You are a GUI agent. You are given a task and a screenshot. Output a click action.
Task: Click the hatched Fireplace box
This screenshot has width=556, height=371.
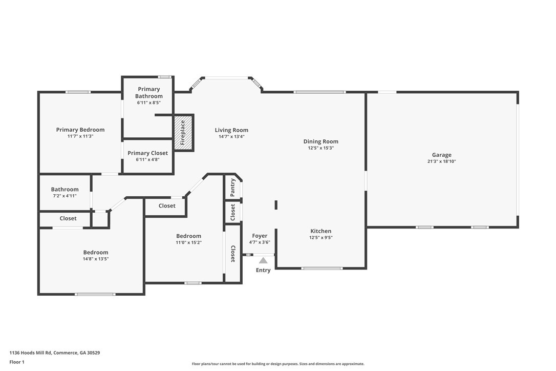click(183, 133)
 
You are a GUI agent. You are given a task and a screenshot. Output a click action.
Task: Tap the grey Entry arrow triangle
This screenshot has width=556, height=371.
click(263, 261)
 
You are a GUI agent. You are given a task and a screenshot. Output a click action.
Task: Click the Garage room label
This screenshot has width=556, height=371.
click(441, 155)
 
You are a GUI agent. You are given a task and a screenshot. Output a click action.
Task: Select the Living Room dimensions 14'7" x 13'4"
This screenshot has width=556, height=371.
click(231, 136)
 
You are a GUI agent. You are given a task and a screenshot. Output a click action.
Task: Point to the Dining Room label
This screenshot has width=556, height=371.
click(320, 141)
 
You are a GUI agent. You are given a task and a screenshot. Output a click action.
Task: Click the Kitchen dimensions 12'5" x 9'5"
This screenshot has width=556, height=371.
click(320, 237)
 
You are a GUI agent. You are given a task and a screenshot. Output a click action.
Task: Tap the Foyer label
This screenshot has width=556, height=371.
click(260, 236)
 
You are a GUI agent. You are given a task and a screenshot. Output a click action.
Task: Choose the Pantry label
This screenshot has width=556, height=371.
click(232, 188)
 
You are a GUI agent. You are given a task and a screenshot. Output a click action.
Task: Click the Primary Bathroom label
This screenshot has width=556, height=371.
click(149, 93)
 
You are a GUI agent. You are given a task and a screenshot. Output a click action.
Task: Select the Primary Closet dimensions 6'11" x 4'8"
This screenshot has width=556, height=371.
click(147, 159)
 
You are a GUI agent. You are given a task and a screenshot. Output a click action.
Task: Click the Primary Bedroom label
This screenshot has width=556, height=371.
click(80, 130)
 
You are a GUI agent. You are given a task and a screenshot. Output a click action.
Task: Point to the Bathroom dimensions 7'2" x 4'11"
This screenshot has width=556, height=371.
click(65, 196)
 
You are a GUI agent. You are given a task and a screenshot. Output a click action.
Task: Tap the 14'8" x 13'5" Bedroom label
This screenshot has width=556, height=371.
click(96, 253)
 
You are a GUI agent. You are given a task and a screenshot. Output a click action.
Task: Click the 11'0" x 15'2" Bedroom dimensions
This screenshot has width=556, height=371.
click(188, 242)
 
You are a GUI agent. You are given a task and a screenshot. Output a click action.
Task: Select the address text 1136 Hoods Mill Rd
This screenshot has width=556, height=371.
click(31, 353)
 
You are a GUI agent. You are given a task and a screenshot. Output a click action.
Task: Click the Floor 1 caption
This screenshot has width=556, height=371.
click(17, 362)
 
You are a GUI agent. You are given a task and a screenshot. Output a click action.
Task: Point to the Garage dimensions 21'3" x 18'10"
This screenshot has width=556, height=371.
click(441, 161)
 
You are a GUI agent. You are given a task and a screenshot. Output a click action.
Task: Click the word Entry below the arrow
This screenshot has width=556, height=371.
click(263, 270)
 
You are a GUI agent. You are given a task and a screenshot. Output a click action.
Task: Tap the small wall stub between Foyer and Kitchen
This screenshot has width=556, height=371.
click(276, 205)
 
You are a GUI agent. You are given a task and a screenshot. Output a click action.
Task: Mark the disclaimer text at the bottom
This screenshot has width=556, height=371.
click(278, 364)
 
